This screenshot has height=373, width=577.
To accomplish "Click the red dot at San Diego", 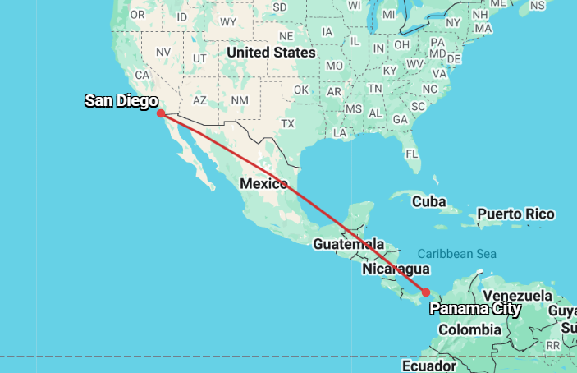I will tap(161, 113).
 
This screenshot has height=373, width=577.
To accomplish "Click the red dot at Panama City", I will tap(426, 292).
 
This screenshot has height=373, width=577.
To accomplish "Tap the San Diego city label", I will tap(121, 101).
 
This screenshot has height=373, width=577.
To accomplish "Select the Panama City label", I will tap(475, 309).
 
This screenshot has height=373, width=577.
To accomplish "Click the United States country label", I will tap(271, 53).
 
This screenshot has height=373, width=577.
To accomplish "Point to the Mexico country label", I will tap(263, 183).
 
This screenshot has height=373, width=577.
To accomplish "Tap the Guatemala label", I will tap(348, 244).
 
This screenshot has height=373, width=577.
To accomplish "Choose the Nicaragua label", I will tap(396, 269).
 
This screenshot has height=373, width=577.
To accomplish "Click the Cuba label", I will tap(428, 201).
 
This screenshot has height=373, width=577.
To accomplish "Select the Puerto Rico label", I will tap(516, 214).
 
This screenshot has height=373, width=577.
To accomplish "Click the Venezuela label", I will tap(517, 296).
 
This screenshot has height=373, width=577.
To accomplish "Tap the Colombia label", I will tap(469, 329).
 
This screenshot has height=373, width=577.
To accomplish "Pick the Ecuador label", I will tap(429, 365).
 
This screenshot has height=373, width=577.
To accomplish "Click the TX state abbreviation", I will tap(287, 123).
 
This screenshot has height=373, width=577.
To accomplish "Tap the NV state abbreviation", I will tap(163, 52).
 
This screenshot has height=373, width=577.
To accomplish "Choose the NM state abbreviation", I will tap(239, 100).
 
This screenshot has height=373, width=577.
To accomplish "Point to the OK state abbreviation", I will tap(301, 90).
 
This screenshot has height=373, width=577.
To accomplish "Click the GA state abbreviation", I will tap(401, 119).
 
